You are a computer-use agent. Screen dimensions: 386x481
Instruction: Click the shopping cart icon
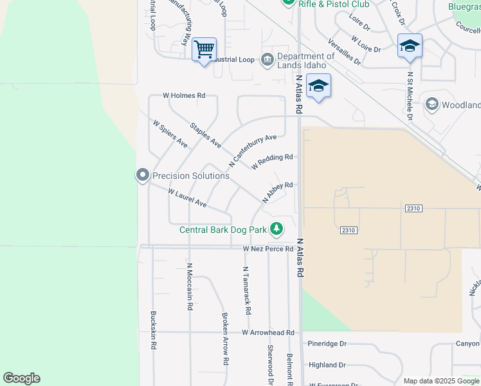pyautogui.click(x=204, y=49)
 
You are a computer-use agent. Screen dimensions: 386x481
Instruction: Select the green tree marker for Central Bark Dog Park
pyautogui.click(x=277, y=228)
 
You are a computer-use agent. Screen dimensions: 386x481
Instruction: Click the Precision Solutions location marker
pyautogui.click(x=142, y=175)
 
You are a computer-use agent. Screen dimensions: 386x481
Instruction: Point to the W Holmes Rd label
pyautogui.click(x=183, y=95)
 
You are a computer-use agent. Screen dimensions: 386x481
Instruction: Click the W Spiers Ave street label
pyautogui.click(x=170, y=134)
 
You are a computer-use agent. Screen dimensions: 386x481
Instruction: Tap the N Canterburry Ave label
pyautogui.click(x=252, y=147)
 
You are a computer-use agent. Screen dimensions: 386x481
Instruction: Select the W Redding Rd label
pyautogui.click(x=272, y=161)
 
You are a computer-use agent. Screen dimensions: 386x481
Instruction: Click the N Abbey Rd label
pyautogui.click(x=277, y=192)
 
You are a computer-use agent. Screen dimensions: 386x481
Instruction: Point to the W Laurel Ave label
pyautogui.click(x=187, y=198)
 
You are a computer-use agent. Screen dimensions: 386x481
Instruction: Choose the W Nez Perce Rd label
pyautogui.click(x=268, y=248)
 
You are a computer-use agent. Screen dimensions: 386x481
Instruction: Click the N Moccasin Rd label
pyautogui.click(x=190, y=286)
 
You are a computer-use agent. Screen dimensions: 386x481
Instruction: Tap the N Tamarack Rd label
pyautogui.click(x=246, y=290)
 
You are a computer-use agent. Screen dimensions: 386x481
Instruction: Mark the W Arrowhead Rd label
pyautogui.click(x=268, y=333)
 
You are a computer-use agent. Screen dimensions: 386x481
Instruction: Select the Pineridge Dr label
pyautogui.click(x=327, y=344)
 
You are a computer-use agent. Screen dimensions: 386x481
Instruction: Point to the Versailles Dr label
pyautogui.click(x=344, y=51)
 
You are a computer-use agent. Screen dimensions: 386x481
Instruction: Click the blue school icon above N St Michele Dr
pyautogui.click(x=410, y=46)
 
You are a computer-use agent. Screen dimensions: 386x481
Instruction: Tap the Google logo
pyautogui.click(x=21, y=378)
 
